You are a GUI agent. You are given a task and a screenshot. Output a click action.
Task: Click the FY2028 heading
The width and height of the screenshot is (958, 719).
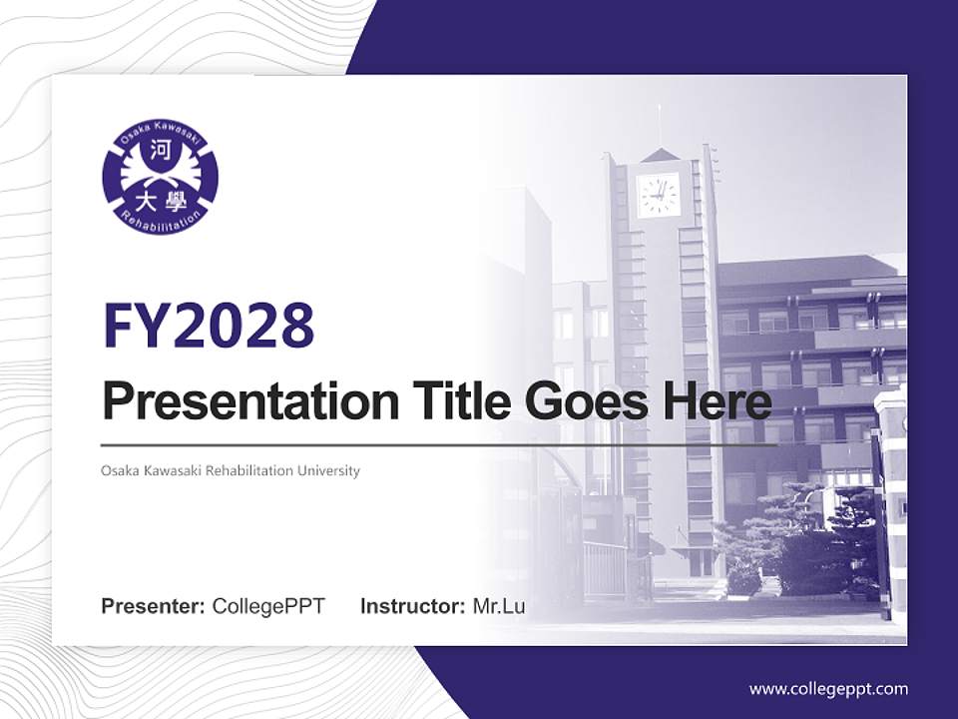pyautogui.click(x=209, y=326)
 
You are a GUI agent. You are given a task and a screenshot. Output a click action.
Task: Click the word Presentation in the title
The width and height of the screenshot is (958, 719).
pyautogui.click(x=250, y=401)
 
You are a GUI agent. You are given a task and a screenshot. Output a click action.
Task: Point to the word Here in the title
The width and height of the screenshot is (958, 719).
pyautogui.click(x=710, y=401)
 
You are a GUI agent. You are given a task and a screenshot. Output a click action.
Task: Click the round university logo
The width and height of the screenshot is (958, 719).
pyautogui.click(x=160, y=177)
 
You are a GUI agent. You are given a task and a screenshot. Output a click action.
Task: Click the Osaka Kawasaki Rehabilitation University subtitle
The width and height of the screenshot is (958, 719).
pyautogui.click(x=231, y=470)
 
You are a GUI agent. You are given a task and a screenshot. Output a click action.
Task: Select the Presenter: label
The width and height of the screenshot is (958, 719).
pyautogui.click(x=153, y=606)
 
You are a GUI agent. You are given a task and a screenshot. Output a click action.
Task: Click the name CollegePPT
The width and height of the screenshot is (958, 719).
pyautogui.click(x=268, y=606)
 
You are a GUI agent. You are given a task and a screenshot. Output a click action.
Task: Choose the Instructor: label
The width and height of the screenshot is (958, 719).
pyautogui.click(x=413, y=606)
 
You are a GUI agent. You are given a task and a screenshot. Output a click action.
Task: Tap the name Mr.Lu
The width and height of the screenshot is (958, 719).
pyautogui.click(x=499, y=606)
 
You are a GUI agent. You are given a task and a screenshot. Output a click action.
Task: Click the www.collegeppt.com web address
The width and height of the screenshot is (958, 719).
pyautogui.click(x=828, y=690)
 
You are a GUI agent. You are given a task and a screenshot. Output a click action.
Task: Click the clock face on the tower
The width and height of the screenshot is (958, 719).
pyautogui.click(x=658, y=195)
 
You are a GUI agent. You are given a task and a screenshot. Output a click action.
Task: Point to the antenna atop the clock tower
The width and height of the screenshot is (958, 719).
pyautogui.click(x=659, y=127)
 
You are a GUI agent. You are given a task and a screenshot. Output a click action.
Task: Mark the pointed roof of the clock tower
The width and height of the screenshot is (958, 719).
pyautogui.click(x=659, y=155)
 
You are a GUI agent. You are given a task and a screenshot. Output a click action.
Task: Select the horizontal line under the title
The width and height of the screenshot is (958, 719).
pyautogui.click(x=439, y=445)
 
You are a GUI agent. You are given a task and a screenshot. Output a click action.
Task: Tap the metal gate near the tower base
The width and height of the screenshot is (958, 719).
pyautogui.click(x=605, y=568)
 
